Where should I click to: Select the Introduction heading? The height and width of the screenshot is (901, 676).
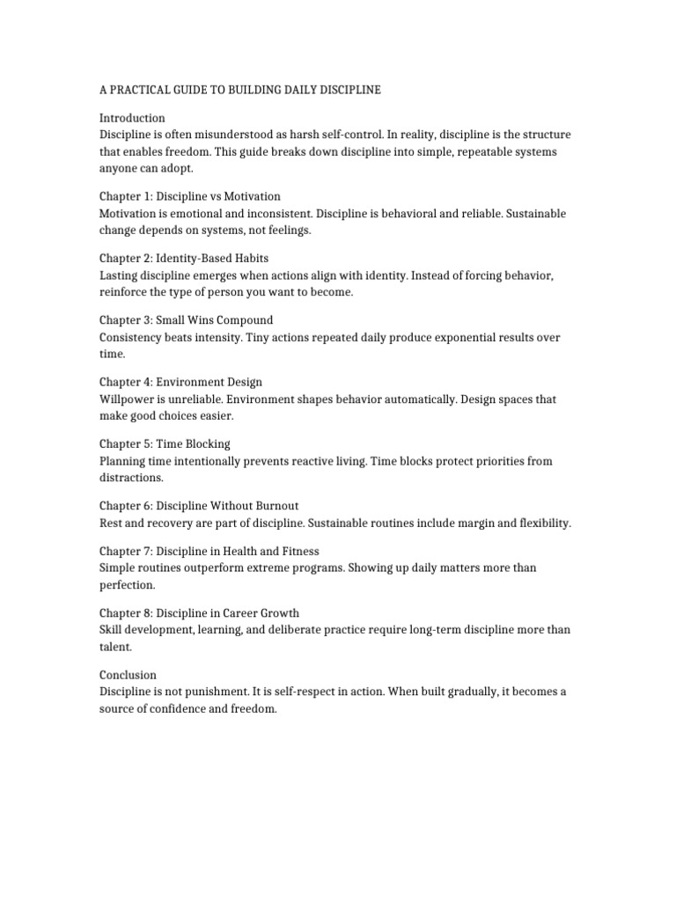coord(132,118)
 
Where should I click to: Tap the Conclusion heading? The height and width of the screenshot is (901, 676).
coord(128,675)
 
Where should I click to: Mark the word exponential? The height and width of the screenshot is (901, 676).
coord(454,337)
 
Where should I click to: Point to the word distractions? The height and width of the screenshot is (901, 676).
coord(131,478)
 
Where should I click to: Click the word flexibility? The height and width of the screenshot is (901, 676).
coord(538,523)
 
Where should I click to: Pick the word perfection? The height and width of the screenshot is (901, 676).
coord(127,584)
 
